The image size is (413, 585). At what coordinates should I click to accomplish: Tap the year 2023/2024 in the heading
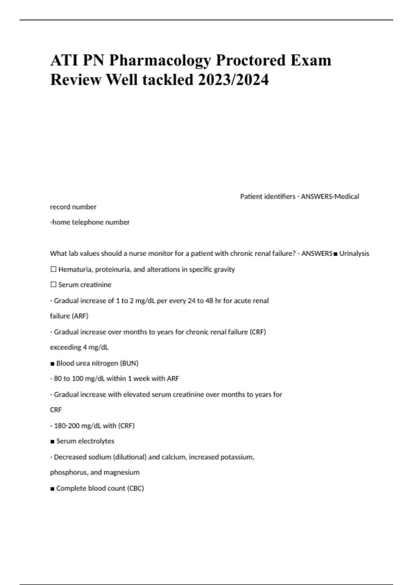233,80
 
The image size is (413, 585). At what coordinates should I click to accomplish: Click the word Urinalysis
354,254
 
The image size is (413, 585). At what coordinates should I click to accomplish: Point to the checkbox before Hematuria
53,269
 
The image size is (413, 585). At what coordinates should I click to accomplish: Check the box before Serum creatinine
53,285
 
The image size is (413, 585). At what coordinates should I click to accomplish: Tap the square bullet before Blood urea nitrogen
52,363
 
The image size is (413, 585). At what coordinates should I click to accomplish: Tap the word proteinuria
113,269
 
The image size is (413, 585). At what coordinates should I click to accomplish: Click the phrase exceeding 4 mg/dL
79,347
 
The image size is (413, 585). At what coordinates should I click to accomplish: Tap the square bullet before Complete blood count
52,489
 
